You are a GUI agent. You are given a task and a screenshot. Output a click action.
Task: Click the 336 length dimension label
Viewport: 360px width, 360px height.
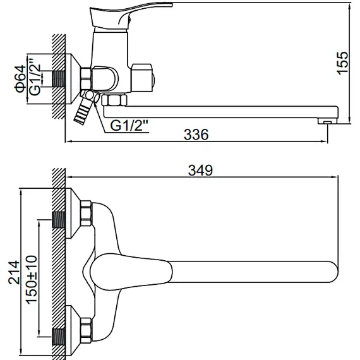click(195, 135)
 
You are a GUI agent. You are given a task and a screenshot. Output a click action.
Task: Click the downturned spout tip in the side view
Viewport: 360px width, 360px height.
click(327, 117)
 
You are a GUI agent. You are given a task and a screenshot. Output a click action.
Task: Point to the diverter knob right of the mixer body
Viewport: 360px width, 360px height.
click(144, 76)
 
